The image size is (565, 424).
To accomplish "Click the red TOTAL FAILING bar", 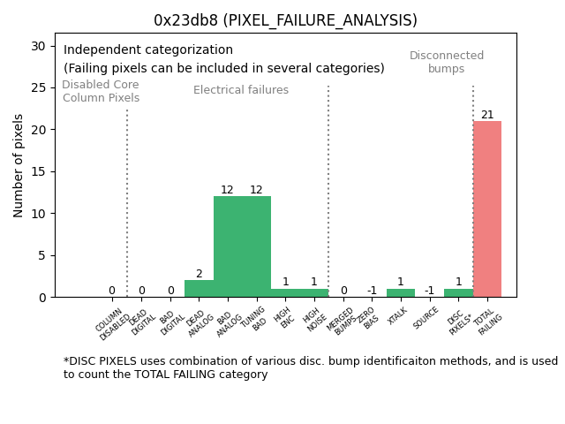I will click(486, 209).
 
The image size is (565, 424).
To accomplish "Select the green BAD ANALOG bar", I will click(228, 246).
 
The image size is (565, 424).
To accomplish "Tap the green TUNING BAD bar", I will click(256, 246).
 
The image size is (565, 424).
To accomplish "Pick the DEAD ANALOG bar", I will click(199, 289).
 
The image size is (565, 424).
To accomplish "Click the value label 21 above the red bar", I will click(487, 115).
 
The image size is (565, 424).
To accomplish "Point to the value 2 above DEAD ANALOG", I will click(199, 274).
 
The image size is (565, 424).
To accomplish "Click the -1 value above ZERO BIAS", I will click(372, 291).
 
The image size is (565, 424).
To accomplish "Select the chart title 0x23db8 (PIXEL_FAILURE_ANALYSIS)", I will click(285, 20).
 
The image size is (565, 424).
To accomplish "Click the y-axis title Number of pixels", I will click(19, 165).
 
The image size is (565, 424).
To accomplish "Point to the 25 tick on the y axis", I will click(41, 87).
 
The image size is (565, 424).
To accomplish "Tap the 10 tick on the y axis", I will click(41, 214).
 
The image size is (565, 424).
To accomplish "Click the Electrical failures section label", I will click(241, 90).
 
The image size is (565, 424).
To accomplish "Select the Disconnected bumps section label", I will click(447, 62).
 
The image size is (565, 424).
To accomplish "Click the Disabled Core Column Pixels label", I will click(101, 91).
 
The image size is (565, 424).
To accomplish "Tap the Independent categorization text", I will click(148, 50).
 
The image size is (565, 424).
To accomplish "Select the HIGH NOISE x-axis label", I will click(313, 319).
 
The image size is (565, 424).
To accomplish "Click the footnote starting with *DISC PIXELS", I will click(310, 367).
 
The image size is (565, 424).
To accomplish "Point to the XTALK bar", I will click(401, 292).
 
